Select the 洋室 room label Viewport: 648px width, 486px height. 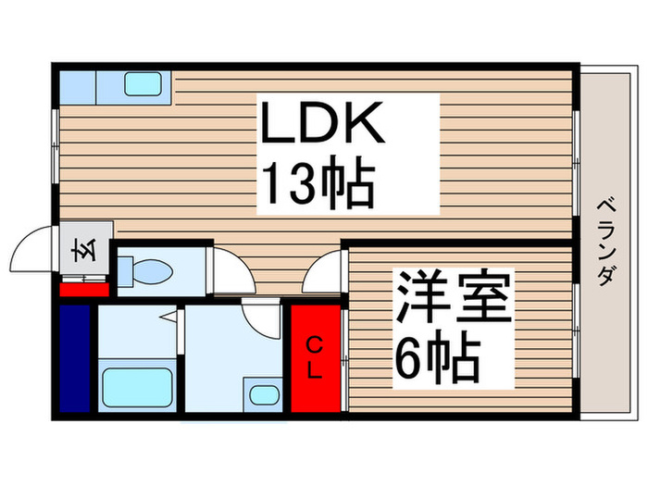click(x=455, y=296)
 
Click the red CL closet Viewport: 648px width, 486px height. click(x=315, y=357)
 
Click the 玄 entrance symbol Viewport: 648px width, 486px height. click(x=81, y=251)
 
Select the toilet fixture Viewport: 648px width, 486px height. click(x=148, y=271)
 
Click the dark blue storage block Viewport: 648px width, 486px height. click(x=76, y=356)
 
